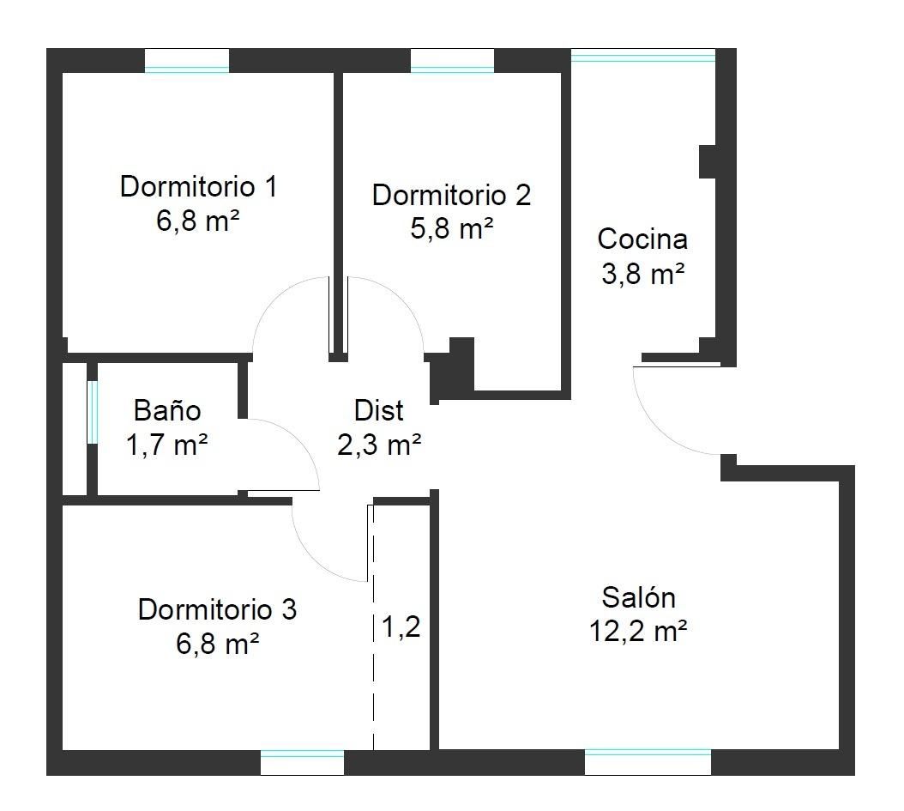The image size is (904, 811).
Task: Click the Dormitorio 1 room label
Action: pos(199,186)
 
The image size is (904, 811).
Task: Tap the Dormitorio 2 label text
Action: pos(451,195)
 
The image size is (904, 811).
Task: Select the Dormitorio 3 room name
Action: pos(217,609)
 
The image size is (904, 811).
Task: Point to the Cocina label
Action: pos(642,239)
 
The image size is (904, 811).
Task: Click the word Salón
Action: pos(638,597)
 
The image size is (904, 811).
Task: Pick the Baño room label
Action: pos(167,410)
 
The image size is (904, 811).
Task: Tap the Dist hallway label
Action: pos(379,410)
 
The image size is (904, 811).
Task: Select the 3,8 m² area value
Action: pos(642,274)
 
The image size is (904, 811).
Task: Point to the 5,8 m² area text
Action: pos(451,229)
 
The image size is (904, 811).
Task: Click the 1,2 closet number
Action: pos(401,626)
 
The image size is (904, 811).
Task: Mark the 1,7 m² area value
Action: pos(166,445)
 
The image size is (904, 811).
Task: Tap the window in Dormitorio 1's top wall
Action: pos(187,61)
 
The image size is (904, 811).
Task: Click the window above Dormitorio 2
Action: pos(453,61)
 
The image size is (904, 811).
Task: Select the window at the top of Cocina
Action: pos(643,56)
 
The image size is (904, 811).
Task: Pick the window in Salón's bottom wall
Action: pos(648,763)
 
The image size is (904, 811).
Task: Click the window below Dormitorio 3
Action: pos(302,763)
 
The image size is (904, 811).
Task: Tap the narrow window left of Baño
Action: pos(93,413)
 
